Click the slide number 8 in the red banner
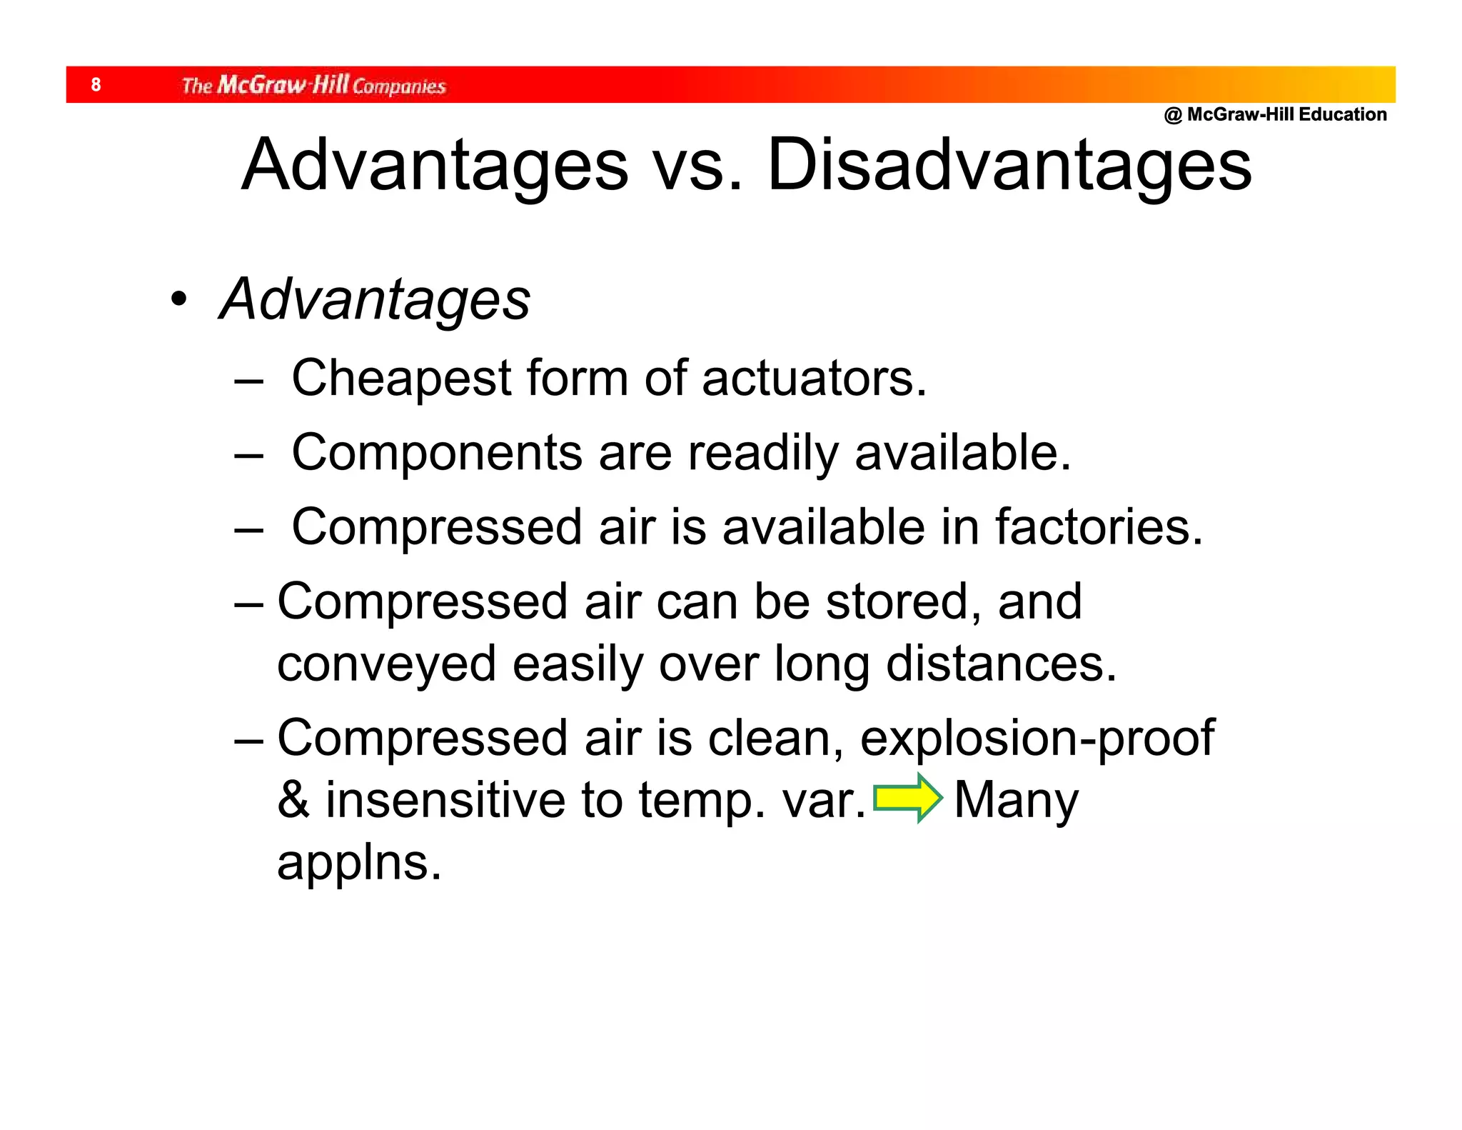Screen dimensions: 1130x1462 96,85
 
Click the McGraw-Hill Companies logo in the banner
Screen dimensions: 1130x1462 313,85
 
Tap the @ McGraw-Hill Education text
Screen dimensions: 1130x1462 1275,114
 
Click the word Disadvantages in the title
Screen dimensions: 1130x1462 1009,165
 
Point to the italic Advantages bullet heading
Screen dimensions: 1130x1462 375,299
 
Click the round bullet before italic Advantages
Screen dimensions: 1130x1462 178,299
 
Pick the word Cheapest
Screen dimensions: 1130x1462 401,379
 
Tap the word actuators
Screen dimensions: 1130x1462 814,379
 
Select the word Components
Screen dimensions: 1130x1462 437,453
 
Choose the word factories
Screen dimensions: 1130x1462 1099,527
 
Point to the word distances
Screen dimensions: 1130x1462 1001,664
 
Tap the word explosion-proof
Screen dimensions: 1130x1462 1037,739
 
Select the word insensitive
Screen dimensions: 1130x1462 445,800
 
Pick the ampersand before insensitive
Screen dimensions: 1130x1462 293,800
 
